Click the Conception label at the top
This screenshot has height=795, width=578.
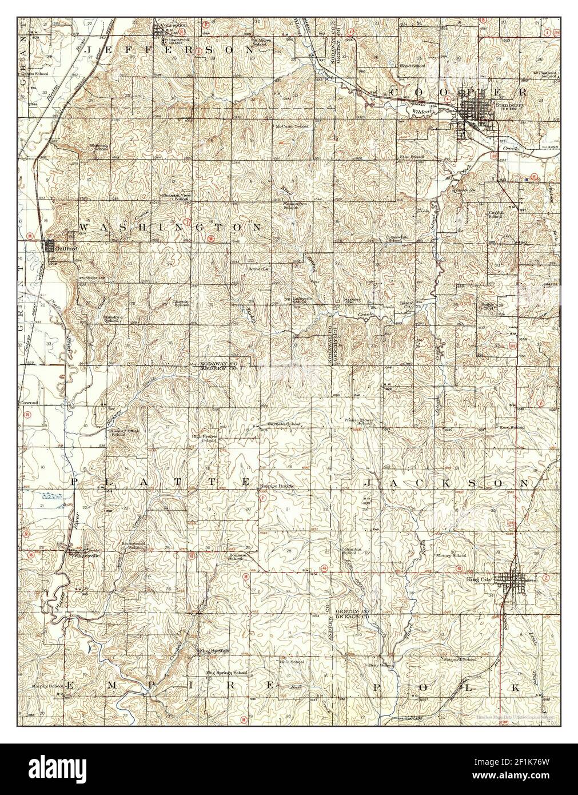point(174,25)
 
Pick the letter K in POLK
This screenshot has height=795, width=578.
point(516,686)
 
